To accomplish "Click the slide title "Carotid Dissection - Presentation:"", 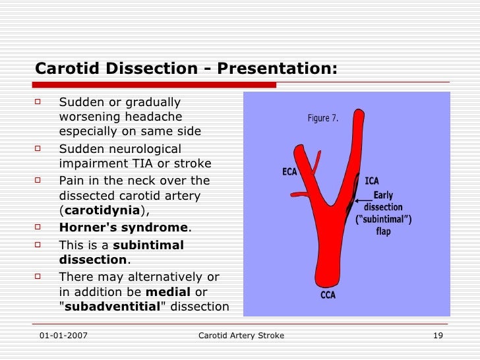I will (186, 69).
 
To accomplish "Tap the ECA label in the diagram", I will (289, 172).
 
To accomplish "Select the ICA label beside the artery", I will (371, 181).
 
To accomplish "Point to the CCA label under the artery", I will (328, 295).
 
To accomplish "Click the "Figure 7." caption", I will (323, 119).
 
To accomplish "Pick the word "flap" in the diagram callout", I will (383, 231).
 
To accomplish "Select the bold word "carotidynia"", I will (101, 210).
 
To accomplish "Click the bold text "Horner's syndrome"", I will (124, 227).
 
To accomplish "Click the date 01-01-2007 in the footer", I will (63, 336).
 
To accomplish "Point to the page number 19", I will (437, 336).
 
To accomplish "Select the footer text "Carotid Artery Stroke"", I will (241, 336).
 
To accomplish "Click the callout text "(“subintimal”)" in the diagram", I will (384, 220).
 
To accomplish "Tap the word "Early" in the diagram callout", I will (384, 195).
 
